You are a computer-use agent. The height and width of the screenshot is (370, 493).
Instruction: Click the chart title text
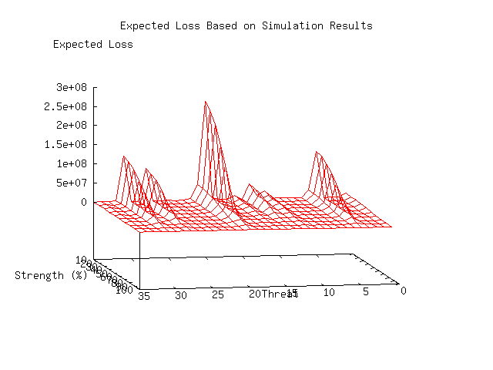(246, 25)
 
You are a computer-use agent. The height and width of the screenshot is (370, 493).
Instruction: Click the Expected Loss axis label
(92, 44)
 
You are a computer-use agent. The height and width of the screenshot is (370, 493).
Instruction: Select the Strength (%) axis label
(51, 275)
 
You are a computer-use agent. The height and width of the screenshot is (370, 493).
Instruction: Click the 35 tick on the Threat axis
(144, 295)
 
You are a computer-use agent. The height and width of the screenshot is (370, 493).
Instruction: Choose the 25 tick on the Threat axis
(218, 294)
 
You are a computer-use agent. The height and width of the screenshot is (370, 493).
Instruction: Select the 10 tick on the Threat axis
(328, 293)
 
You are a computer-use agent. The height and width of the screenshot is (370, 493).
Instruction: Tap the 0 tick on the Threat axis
(402, 290)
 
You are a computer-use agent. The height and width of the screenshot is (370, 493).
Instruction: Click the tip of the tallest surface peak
(205, 101)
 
